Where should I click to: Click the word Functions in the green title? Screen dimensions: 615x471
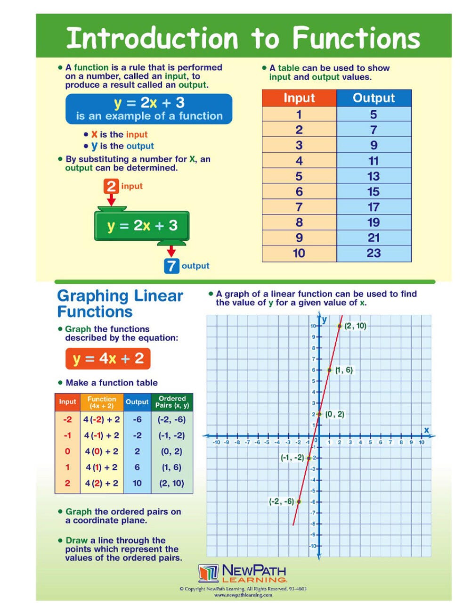click(x=356, y=38)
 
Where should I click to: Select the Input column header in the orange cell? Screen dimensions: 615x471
click(x=299, y=98)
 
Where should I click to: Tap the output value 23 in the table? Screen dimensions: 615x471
click(x=374, y=254)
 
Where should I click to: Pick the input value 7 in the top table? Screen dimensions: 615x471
click(x=299, y=207)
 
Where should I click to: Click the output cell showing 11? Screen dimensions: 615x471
click(x=374, y=161)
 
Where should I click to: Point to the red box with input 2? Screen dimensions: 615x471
click(x=111, y=186)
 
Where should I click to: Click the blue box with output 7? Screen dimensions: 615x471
click(x=171, y=266)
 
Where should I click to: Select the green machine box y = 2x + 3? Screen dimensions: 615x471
click(x=142, y=226)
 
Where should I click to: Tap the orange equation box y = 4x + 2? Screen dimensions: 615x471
click(x=108, y=359)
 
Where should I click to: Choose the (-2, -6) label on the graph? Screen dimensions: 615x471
click(x=281, y=501)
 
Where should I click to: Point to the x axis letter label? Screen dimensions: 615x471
click(x=426, y=430)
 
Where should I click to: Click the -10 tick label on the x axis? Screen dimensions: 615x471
click(x=216, y=443)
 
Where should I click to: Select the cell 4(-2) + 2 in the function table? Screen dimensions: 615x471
click(x=102, y=419)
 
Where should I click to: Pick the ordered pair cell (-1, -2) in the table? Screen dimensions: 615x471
click(x=171, y=435)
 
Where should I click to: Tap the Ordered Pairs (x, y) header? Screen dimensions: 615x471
click(x=172, y=402)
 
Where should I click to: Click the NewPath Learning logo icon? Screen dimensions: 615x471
click(x=208, y=573)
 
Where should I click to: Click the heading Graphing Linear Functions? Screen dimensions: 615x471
click(x=120, y=303)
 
